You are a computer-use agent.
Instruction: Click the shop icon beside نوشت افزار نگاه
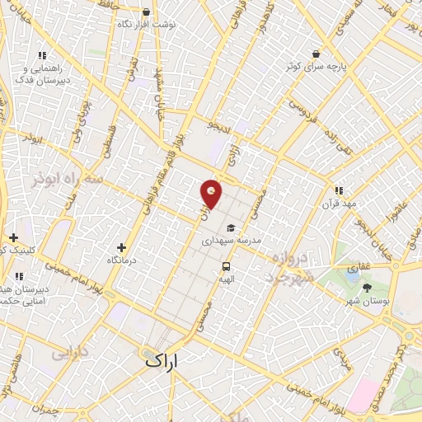(x=147, y=12)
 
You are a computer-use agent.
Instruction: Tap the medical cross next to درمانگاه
(x=122, y=247)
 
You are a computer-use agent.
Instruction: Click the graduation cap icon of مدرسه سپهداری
(x=232, y=227)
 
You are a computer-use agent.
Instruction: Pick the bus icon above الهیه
(x=226, y=266)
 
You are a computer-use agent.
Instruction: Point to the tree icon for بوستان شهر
(x=367, y=287)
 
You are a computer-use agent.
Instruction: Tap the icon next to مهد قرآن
(x=339, y=190)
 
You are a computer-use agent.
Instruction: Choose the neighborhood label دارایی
(x=69, y=354)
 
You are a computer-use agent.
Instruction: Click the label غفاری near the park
(x=358, y=267)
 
